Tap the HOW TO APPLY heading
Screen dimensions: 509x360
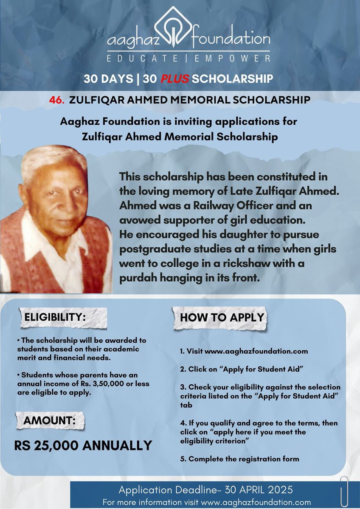[x=222, y=317]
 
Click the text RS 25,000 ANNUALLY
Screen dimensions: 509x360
[x=83, y=445]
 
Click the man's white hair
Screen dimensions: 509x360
[x=51, y=159]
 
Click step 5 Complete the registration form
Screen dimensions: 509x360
[x=239, y=459]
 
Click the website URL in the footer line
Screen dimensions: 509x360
[x=262, y=502]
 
